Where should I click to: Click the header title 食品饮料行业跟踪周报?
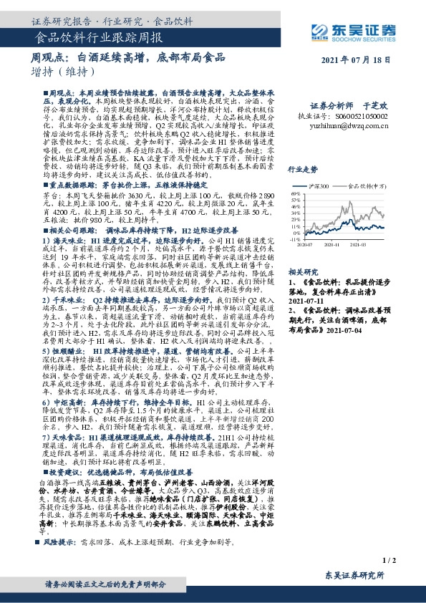[x=88, y=37]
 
